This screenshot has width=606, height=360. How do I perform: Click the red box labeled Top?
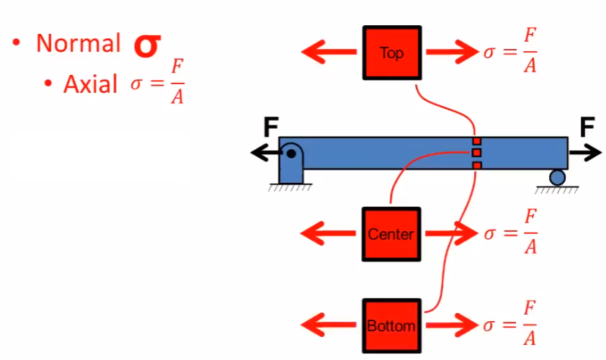coord(392,53)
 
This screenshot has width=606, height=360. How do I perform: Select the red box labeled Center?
coord(391,233)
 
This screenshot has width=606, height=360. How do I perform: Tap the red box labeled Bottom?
coord(391,325)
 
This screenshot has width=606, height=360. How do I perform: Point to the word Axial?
coord(90,84)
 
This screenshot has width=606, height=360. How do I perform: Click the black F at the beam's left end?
coord(270,128)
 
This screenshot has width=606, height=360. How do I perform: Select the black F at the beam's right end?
coord(587,128)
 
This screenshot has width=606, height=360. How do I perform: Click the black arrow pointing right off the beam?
coord(584,153)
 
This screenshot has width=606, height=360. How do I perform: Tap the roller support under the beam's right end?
coord(557,177)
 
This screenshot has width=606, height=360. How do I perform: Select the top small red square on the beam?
coord(476,140)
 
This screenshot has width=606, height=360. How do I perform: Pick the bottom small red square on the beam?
coord(476,166)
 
